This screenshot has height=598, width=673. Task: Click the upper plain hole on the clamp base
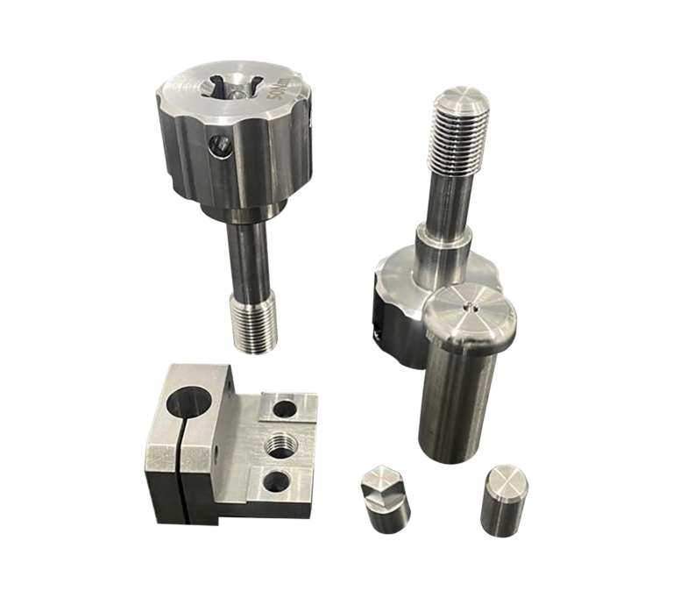[284, 408]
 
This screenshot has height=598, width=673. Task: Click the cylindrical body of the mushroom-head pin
[455, 403]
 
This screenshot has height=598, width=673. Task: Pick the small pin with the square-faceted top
[384, 497]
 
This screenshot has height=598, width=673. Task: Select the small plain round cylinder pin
[503, 499]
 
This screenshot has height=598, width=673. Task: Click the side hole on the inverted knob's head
[377, 331]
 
